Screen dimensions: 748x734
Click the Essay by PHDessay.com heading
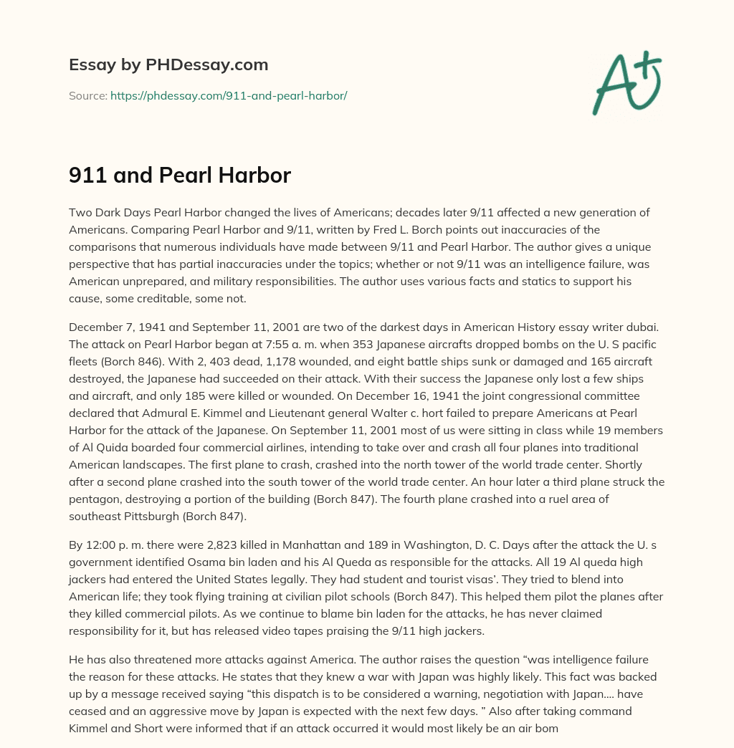(168, 65)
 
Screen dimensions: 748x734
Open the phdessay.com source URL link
(229, 95)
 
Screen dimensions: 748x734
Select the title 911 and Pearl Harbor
(179, 175)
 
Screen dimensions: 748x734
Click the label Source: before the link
(88, 95)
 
